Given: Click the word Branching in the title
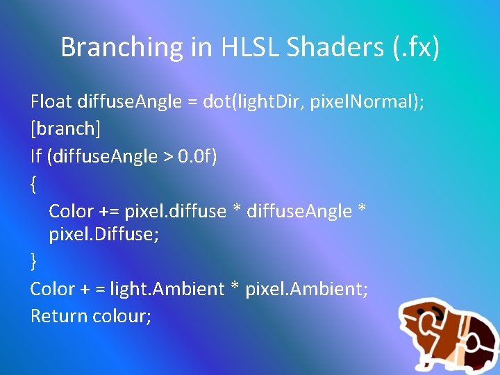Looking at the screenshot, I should (121, 47).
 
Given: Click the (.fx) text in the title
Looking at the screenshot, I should (414, 47).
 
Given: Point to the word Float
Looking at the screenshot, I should (51, 102).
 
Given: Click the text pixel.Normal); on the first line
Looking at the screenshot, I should (367, 102).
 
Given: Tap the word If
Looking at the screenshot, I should (36, 156).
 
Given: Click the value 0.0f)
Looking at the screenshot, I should (197, 156).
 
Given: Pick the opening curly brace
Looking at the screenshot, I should (34, 183).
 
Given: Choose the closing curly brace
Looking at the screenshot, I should (34, 261).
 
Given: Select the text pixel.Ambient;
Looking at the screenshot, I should (307, 289).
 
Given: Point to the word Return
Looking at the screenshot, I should (56, 316).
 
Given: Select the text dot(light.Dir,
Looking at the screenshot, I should (253, 102).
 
